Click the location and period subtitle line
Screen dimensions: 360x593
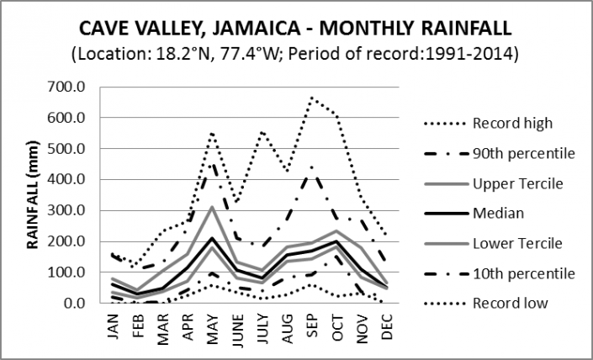point(295,56)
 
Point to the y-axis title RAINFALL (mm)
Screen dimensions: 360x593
point(34,195)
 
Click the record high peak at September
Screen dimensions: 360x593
point(312,98)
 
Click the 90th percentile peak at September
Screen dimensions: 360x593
point(312,168)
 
